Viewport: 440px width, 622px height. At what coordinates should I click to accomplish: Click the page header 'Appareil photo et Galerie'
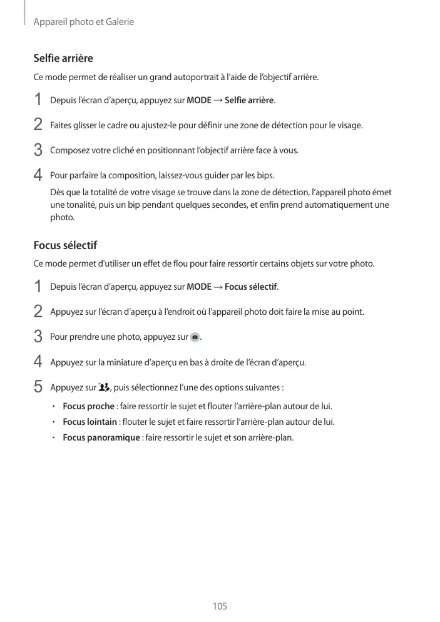(x=83, y=22)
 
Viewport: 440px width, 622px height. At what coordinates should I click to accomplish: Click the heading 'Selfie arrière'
(x=63, y=58)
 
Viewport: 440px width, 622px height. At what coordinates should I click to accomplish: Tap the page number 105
(x=220, y=606)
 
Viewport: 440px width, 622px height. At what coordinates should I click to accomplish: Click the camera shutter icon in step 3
(x=195, y=337)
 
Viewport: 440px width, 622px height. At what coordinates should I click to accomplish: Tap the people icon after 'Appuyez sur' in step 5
(x=104, y=386)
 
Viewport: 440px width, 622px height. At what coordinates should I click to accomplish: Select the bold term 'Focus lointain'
(x=90, y=421)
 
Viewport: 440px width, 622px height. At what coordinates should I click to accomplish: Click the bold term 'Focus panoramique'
(x=101, y=437)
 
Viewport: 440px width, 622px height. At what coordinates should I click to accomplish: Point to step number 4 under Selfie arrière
(x=38, y=174)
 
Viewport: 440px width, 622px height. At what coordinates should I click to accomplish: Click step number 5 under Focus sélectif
(x=38, y=386)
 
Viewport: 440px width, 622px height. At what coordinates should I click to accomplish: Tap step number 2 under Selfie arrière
(x=38, y=125)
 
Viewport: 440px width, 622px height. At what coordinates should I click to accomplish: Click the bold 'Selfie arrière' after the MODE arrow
(x=249, y=100)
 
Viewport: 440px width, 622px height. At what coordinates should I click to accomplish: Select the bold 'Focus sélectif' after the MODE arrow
(x=250, y=287)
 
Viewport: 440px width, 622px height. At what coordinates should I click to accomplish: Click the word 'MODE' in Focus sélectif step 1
(x=199, y=287)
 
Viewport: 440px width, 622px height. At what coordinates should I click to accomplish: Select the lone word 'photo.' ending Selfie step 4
(x=62, y=217)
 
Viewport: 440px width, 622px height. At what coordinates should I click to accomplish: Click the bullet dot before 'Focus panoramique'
(x=54, y=437)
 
